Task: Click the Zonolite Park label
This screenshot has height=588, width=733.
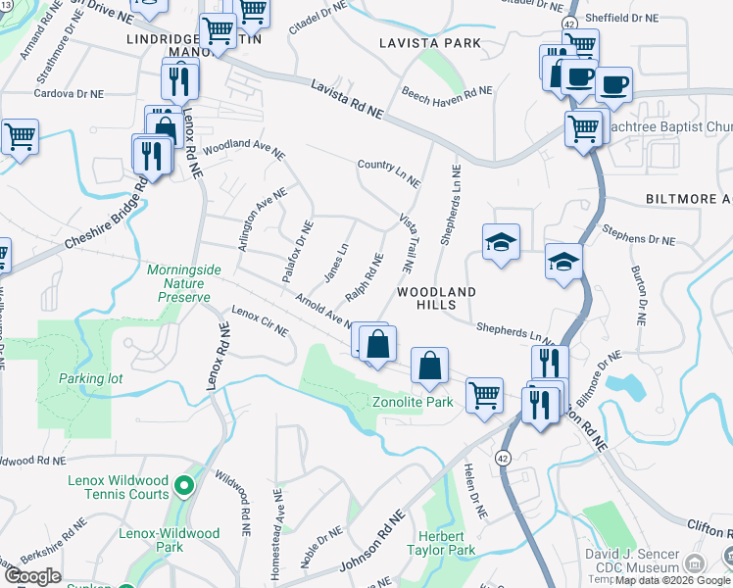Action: coord(412,402)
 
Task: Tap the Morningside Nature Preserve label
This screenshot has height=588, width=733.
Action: coord(178,283)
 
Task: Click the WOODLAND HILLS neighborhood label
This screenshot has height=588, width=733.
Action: coord(436,299)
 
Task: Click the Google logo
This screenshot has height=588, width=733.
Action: coord(32,576)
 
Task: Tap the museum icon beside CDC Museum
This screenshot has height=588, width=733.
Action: coord(695,563)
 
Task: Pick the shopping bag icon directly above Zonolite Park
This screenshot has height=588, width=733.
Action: coord(429,367)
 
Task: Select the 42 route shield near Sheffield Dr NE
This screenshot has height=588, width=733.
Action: coord(569,22)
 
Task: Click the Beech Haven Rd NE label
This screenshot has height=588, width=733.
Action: coord(446,92)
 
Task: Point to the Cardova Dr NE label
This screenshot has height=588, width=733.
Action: coord(69,94)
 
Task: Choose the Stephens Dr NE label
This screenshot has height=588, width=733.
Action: coord(639,238)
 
